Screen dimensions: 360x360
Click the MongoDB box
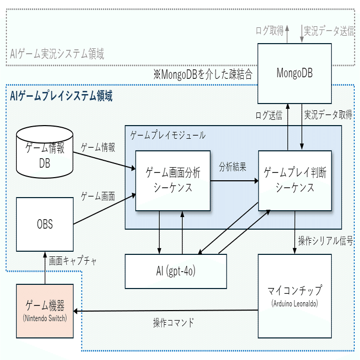[x=294, y=73]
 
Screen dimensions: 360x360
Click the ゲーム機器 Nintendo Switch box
[x=45, y=311]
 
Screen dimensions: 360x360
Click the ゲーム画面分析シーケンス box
[x=173, y=180]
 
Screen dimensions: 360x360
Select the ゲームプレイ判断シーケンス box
[x=294, y=180]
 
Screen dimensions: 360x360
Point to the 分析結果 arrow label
[x=233, y=168]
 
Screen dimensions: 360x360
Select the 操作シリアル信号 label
[x=325, y=242]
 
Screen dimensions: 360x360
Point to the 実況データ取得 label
[x=328, y=115]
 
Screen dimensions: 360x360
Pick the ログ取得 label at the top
[x=269, y=31]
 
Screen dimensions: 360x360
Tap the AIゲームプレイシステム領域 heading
[x=61, y=96]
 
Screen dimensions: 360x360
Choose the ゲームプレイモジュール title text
[x=168, y=135]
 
